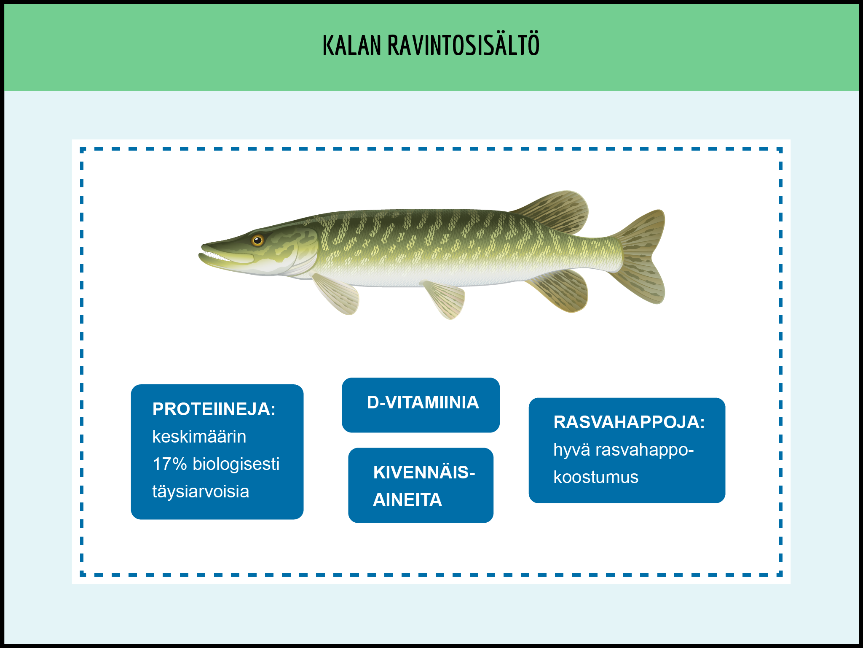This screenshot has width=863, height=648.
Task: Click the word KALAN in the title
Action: pyautogui.click(x=352, y=46)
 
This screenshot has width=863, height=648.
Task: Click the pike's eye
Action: pyautogui.click(x=257, y=240)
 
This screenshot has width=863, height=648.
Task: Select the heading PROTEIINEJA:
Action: pyautogui.click(x=214, y=409)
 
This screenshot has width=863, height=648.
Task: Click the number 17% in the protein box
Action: pyautogui.click(x=170, y=464)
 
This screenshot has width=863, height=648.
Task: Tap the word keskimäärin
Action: pyautogui.click(x=199, y=437)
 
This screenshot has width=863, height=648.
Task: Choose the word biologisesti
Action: pyautogui.click(x=236, y=464)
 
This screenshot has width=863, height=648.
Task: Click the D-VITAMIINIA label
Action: pyautogui.click(x=423, y=402)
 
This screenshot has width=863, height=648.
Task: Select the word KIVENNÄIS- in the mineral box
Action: pyautogui.click(x=424, y=472)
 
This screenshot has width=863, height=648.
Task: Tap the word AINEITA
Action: pyautogui.click(x=407, y=500)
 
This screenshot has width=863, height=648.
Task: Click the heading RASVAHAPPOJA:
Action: pyautogui.click(x=629, y=422)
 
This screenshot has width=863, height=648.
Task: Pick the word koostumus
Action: pyautogui.click(x=596, y=477)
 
